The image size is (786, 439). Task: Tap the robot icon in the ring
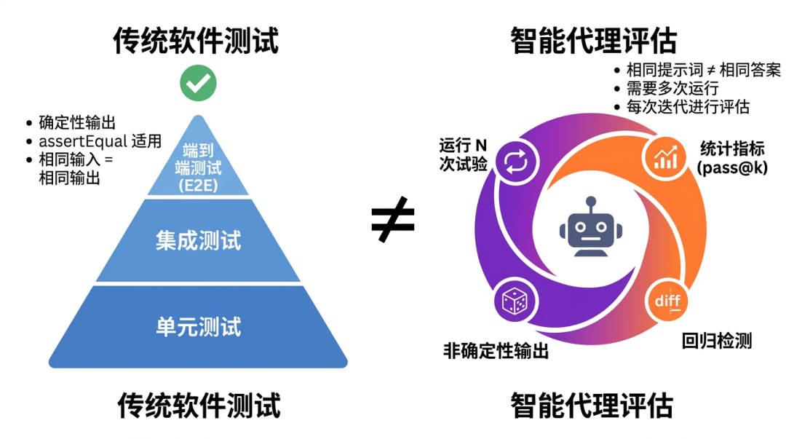coord(591,226)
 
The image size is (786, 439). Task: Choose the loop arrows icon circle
coord(516,161)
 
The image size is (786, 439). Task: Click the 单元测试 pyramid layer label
coord(198,326)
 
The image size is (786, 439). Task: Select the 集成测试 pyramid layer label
coord(198,240)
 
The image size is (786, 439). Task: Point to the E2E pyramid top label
coord(199,185)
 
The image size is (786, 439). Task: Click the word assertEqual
coord(79,141)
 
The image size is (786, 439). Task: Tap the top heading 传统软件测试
coord(196,41)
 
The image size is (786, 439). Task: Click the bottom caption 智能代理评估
coord(591,405)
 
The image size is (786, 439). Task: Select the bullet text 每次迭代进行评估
coord(688,106)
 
